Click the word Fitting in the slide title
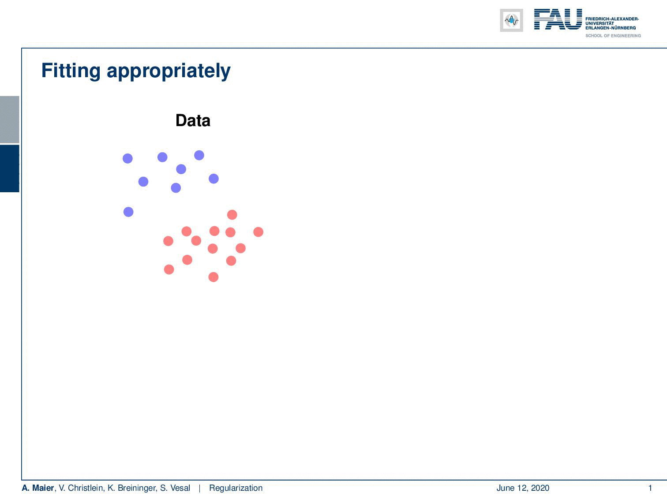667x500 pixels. click(x=71, y=71)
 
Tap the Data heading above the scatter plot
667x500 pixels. click(x=193, y=120)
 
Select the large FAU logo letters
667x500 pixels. click(x=558, y=19)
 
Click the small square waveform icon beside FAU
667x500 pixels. click(x=511, y=20)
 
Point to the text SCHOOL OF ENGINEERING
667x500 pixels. click(x=613, y=36)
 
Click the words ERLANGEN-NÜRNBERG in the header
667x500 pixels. click(x=611, y=28)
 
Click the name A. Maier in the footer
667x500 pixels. click(x=37, y=488)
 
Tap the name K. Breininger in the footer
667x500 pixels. click(x=132, y=488)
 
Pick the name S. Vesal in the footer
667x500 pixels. click(x=175, y=488)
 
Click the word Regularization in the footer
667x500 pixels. click(x=236, y=488)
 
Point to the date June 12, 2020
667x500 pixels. click(x=523, y=488)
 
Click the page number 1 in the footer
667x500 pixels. click(x=650, y=488)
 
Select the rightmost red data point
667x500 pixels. click(x=259, y=232)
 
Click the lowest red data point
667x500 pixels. click(x=214, y=277)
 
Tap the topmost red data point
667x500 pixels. click(x=232, y=215)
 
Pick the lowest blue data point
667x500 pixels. click(x=128, y=212)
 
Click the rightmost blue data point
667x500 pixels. click(x=214, y=179)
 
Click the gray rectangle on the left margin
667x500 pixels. click(x=9, y=119)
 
